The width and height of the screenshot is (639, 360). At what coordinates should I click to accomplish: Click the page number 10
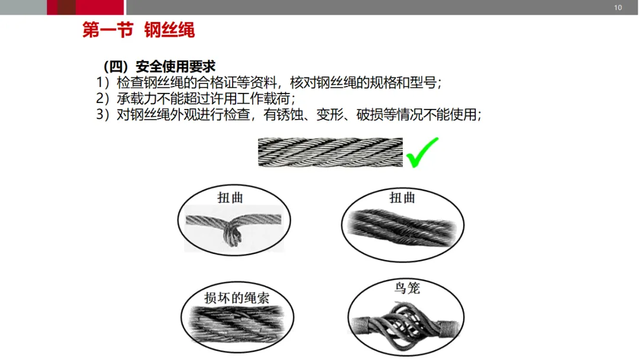618,7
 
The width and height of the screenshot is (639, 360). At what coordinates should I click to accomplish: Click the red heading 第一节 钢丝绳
138,30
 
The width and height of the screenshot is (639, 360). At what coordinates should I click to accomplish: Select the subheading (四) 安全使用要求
159,66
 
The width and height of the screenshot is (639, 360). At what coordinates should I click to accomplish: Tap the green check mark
422,153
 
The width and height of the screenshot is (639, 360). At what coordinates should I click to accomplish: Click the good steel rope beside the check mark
330,152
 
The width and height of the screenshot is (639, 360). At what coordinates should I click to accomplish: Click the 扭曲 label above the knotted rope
230,198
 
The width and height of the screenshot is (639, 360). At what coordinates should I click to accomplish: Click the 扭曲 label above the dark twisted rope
402,198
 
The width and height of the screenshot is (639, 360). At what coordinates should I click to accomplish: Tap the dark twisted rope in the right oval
403,227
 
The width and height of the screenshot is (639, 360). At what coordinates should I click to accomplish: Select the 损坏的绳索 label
237,298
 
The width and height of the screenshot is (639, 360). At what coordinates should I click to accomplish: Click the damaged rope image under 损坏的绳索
237,324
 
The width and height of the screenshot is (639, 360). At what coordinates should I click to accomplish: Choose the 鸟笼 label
407,288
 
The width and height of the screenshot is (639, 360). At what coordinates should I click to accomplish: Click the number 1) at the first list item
103,82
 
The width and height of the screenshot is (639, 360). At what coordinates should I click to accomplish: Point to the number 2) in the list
103,98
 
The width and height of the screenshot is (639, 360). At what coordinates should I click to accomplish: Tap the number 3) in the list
103,114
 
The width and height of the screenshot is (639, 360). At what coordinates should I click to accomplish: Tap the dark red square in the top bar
66,7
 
